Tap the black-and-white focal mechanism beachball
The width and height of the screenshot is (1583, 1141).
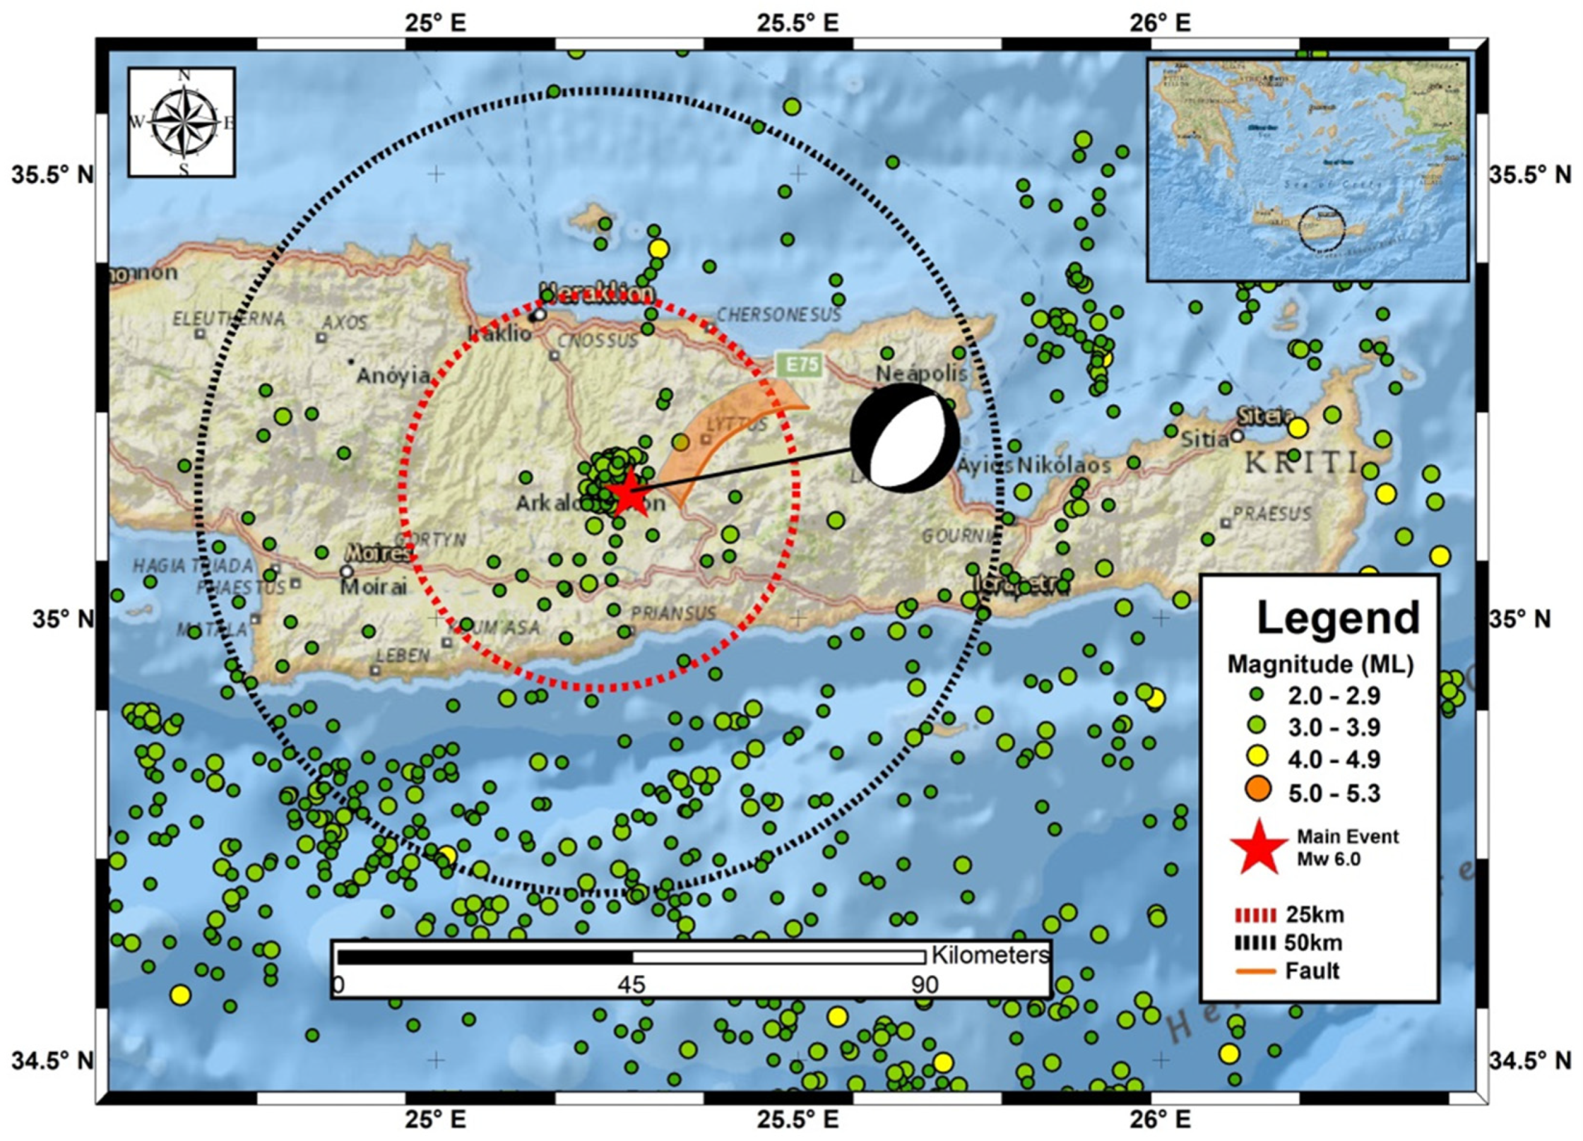(x=905, y=437)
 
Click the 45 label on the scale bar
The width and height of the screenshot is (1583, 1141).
(x=631, y=984)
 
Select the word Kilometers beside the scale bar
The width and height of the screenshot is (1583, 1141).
(x=990, y=954)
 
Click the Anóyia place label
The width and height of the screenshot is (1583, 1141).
(x=393, y=376)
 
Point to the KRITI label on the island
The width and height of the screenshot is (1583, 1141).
(x=1302, y=463)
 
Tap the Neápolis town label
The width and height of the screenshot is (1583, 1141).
(x=921, y=374)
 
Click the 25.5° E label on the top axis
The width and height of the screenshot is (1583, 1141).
(x=797, y=23)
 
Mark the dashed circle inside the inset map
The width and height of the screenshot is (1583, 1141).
(x=1321, y=227)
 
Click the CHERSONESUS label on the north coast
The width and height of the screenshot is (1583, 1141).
(x=779, y=315)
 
